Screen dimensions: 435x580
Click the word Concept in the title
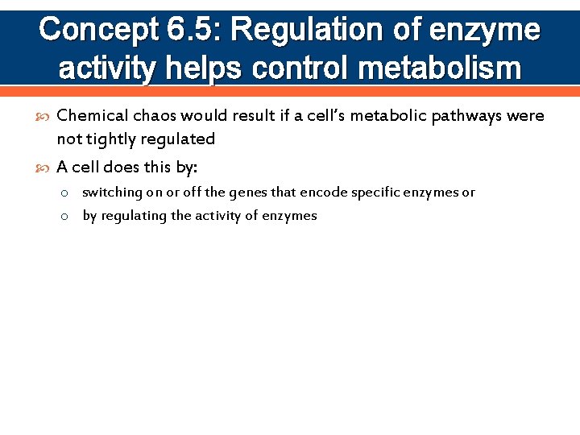coord(89,30)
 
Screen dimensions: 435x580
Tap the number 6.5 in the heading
coord(187,30)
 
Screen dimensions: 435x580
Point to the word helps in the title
coord(204,68)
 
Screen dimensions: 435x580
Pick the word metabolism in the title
coord(439,68)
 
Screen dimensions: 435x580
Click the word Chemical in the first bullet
coord(92,116)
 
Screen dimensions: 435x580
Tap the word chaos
coord(155,116)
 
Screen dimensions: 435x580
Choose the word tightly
coord(110,139)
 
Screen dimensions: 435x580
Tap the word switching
coord(112,193)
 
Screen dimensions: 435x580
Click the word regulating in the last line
coord(134,216)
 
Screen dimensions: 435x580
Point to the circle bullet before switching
coord(64,193)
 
